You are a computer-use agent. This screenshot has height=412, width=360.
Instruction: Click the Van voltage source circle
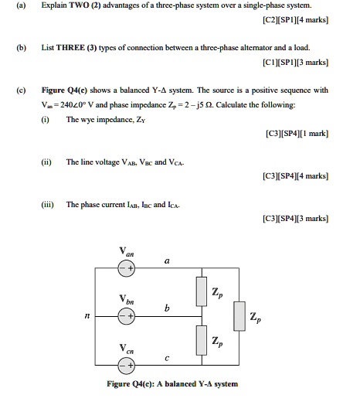coord(125,270)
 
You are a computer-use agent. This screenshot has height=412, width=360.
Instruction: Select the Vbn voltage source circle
coord(125,316)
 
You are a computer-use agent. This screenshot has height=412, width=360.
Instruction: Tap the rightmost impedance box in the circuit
coord(239,316)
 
